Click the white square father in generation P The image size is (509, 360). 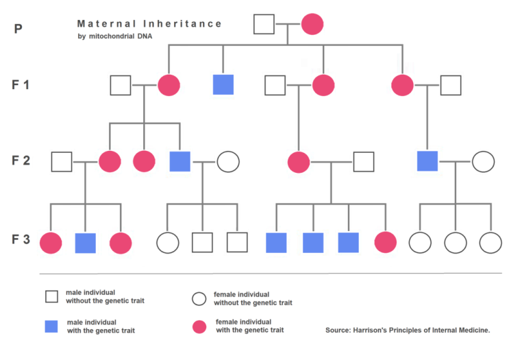(264, 24)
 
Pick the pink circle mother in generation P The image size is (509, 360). (312, 24)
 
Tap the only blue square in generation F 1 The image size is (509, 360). (223, 85)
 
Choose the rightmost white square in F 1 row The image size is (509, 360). (450, 85)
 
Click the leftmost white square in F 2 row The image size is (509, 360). (62, 162)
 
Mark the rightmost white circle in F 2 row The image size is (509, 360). (483, 162)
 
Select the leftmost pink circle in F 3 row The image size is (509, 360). (51, 243)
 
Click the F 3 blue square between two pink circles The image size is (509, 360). (85, 243)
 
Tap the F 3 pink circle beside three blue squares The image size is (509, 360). (386, 243)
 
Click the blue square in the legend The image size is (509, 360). (51, 326)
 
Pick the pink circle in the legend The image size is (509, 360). (199, 326)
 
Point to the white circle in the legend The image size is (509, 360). (199, 298)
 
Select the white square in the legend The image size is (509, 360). (51, 296)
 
